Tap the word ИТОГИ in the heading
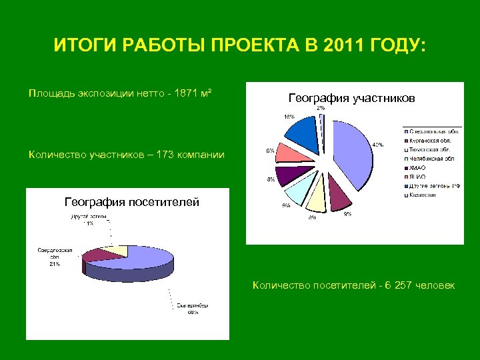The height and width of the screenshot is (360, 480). coord(79,47)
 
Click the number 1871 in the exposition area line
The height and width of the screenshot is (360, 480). coord(183,91)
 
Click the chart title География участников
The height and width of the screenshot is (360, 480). coord(351,98)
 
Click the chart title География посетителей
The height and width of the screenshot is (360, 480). coord(131,202)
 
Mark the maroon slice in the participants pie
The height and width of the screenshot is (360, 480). coord(340,196)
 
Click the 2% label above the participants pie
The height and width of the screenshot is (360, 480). coord(321,108)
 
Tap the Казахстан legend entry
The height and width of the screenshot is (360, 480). coord(423,195)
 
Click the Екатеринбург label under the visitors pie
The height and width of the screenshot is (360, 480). coord(193,306)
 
